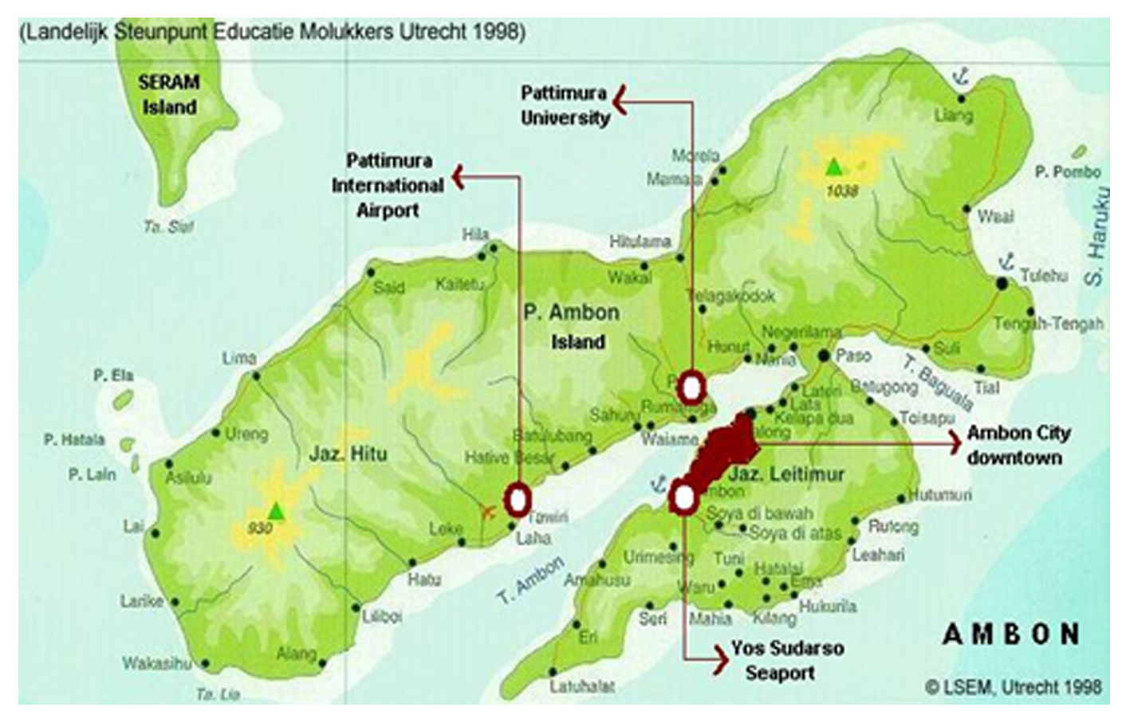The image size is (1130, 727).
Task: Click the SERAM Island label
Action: pos(169,94)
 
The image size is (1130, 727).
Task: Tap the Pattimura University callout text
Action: pos(565,105)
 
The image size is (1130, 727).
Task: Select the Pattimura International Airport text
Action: pos(388,185)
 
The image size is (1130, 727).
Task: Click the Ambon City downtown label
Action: pos(1018,445)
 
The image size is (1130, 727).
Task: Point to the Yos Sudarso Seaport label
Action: pos(786,660)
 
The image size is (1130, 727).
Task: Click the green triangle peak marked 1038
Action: pos(833,167)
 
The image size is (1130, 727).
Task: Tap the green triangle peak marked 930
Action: pos(276,510)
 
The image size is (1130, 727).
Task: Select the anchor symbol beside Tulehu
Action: pos(1006,260)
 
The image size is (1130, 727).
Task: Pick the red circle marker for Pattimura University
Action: pos(691,388)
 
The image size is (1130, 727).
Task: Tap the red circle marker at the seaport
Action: pos(684,498)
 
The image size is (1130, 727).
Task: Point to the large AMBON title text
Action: pos(1011,635)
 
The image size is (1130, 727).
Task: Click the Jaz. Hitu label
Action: pos(348,454)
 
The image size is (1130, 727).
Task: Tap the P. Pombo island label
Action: pos(1067,171)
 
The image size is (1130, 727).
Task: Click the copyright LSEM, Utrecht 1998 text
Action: pos(1013,686)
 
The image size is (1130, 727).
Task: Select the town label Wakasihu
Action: pos(156,662)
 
